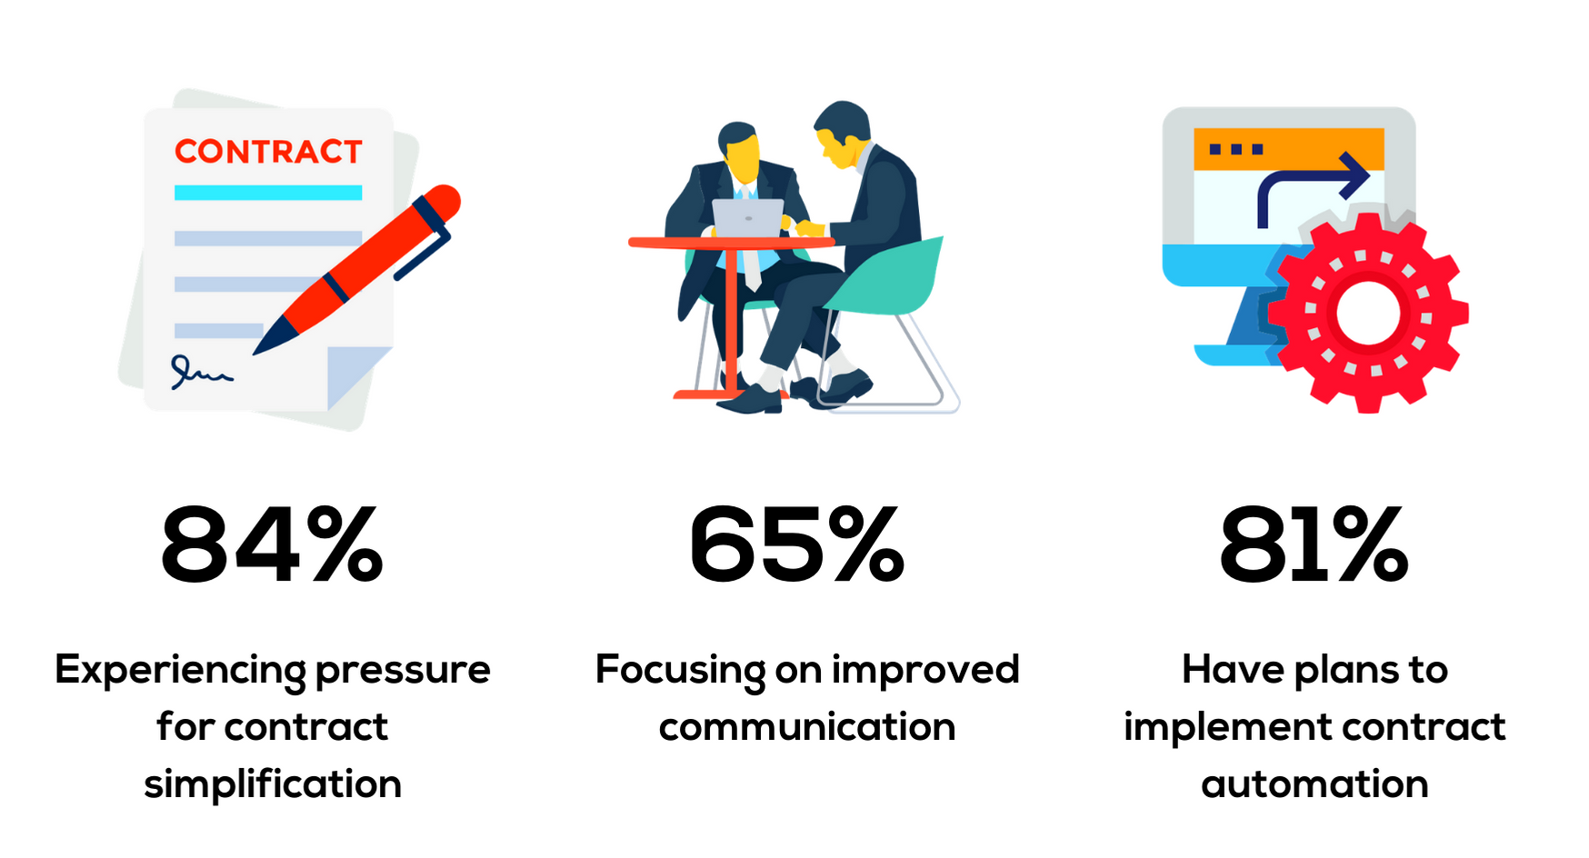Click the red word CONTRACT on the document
pyautogui.click(x=268, y=152)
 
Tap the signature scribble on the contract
pyautogui.click(x=201, y=372)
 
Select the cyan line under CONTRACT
pyautogui.click(x=268, y=193)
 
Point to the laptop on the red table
pyautogui.click(x=747, y=218)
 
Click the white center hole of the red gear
pyautogui.click(x=1368, y=313)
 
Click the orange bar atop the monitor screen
pyautogui.click(x=1289, y=149)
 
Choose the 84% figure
pyautogui.click(x=272, y=544)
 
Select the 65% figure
pyautogui.click(x=797, y=544)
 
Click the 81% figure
pyautogui.click(x=1314, y=544)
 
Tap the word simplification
pyautogui.click(x=273, y=783)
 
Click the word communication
pyautogui.click(x=807, y=727)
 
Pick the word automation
pyautogui.click(x=1314, y=784)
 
